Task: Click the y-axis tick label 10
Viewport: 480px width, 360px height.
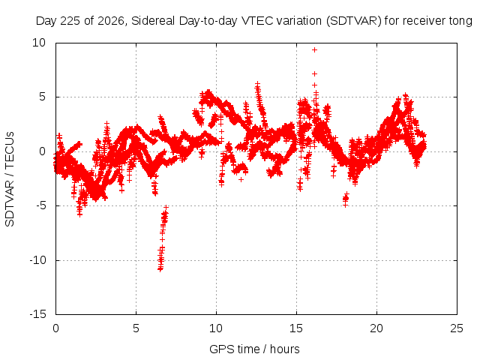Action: click(39, 43)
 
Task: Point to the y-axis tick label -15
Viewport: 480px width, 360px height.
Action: click(37, 314)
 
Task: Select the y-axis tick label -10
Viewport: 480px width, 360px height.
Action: click(37, 260)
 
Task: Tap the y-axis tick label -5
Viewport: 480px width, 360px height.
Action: click(40, 205)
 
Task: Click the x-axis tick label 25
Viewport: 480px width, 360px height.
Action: click(457, 328)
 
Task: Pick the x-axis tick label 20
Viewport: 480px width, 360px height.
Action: click(376, 328)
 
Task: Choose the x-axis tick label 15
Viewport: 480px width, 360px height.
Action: click(296, 328)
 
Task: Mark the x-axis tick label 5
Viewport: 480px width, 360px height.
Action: click(136, 328)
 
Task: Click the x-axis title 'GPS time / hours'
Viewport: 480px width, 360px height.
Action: click(254, 349)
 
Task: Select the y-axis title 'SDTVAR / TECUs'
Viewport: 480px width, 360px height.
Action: click(10, 179)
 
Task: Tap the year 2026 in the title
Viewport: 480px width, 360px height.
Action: click(111, 21)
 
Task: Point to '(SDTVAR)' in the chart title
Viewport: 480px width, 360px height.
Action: click(353, 21)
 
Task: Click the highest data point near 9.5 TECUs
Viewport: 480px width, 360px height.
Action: click(314, 50)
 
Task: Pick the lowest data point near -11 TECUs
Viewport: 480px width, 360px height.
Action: click(160, 269)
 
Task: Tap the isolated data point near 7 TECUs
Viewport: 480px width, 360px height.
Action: click(314, 73)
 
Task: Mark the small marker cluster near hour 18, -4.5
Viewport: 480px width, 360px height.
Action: click(346, 199)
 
